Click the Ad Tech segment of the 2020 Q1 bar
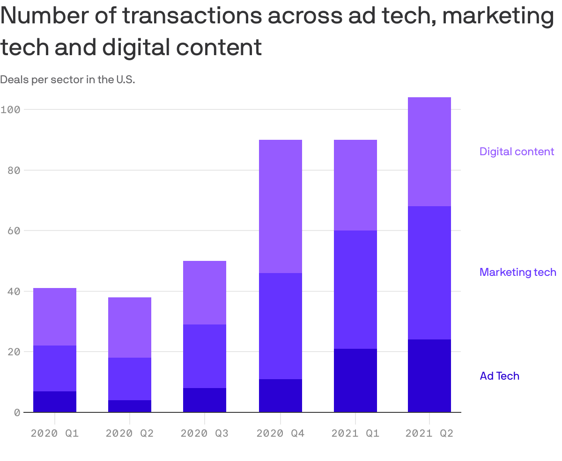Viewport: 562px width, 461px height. point(55,402)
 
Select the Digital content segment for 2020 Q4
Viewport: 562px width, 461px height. point(280,206)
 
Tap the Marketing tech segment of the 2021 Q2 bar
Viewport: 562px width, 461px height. point(429,273)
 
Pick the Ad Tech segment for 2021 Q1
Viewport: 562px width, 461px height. point(355,380)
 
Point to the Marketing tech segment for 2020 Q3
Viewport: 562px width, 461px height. point(205,356)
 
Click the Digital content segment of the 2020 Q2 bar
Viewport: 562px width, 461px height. point(130,327)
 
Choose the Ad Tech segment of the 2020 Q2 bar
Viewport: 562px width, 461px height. point(130,406)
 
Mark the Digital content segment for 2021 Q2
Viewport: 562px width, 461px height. point(429,151)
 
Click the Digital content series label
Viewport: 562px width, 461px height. point(517,151)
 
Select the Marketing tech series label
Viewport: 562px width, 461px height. point(518,272)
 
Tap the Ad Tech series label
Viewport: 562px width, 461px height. point(499,376)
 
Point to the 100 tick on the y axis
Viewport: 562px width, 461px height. point(10,109)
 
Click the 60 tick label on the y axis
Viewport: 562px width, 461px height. point(14,230)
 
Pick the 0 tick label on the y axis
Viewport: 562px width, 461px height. point(17,412)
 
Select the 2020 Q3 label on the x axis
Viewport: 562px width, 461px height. point(205,433)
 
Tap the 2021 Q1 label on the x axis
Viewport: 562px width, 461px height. point(355,433)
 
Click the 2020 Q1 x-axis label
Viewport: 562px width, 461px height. point(55,433)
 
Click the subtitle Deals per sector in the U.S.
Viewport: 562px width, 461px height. point(67,79)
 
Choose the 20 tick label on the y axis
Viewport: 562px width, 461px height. point(14,352)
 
